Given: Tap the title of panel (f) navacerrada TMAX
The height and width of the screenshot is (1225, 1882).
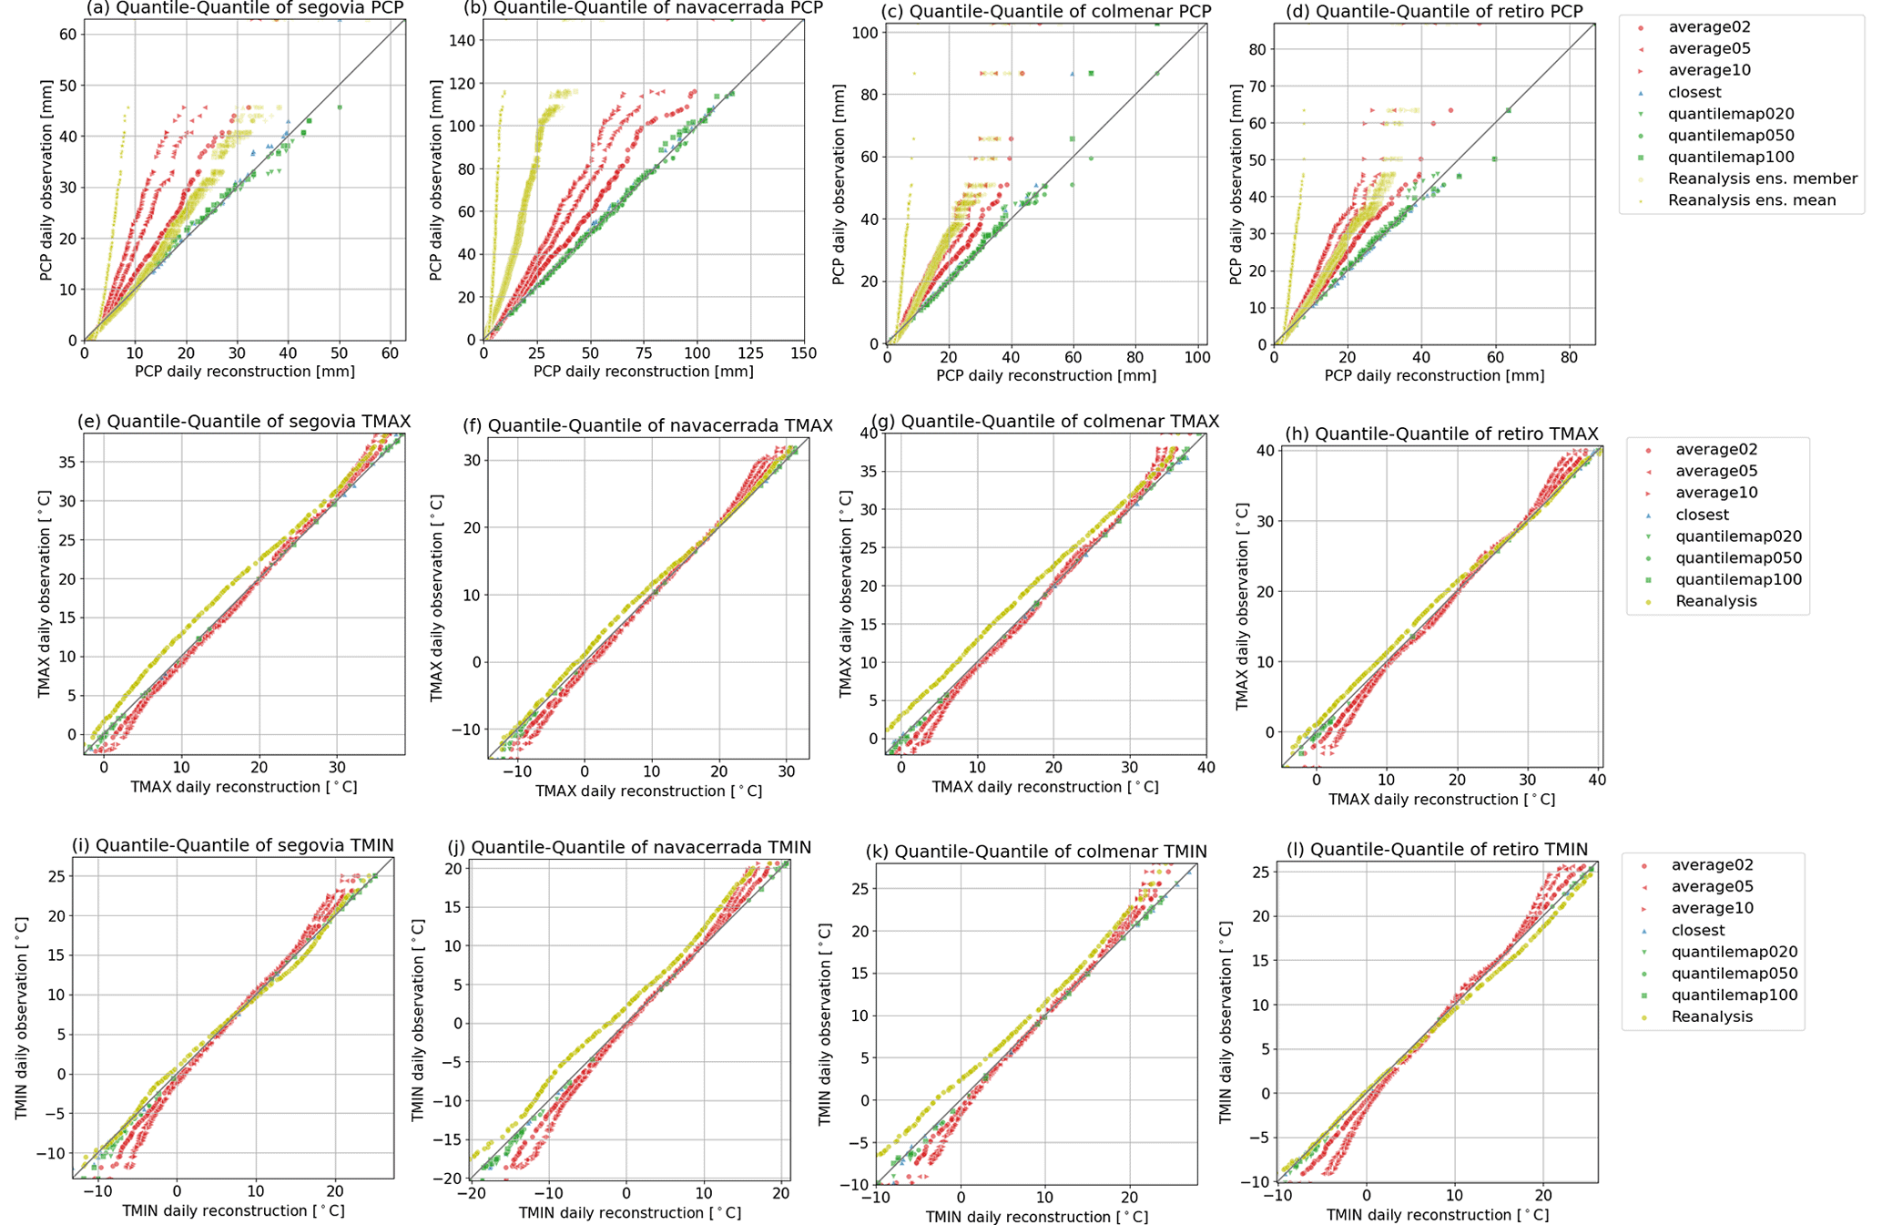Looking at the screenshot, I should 660,425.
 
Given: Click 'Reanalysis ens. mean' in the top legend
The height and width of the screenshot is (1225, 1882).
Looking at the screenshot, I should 1752,200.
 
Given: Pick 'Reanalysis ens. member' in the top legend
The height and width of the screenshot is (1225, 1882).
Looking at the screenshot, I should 1763,179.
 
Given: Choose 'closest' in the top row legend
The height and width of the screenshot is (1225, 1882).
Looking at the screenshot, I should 1694,92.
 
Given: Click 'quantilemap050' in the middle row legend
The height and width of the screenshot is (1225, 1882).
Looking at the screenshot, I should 1738,558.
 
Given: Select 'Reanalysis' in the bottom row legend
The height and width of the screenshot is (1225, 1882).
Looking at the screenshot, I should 1712,1016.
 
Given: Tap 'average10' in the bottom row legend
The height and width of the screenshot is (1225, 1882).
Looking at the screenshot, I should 1712,908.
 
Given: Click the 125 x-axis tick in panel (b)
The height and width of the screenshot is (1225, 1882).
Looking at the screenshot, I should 750,352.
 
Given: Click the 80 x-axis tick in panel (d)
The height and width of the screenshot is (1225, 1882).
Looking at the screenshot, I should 1569,356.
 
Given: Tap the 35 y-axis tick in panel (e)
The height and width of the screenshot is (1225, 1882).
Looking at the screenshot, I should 68,462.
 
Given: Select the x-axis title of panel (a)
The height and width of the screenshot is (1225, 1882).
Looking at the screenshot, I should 244,372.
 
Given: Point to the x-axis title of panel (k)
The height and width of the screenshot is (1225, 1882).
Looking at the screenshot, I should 1036,1217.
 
